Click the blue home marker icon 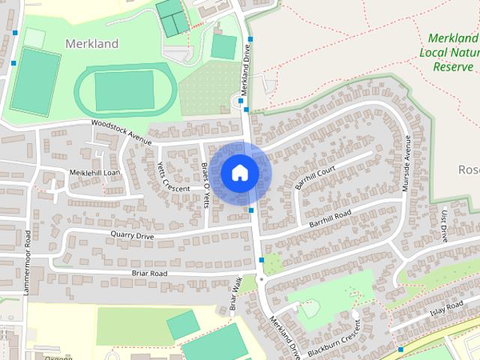click(239, 172)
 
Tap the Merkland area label click(92, 43)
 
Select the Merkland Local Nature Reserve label click(452, 52)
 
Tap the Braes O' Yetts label click(206, 183)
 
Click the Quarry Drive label click(132, 236)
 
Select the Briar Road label click(148, 274)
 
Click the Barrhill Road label click(330, 218)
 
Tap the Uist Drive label click(444, 225)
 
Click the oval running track click(124, 89)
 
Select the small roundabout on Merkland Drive click(260, 280)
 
